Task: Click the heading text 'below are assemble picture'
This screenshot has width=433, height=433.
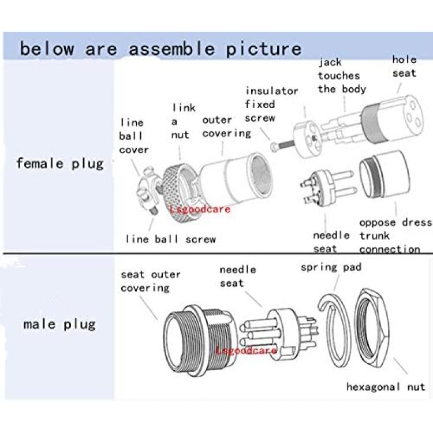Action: [160, 49]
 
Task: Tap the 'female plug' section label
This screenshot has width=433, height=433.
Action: [60, 163]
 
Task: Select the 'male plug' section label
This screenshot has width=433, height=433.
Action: [59, 324]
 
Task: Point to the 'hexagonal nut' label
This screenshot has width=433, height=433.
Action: [386, 387]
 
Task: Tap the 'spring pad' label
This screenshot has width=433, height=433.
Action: [331, 267]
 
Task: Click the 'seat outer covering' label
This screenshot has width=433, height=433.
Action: [151, 281]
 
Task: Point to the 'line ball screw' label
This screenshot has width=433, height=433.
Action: [171, 239]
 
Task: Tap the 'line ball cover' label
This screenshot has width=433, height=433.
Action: [134, 136]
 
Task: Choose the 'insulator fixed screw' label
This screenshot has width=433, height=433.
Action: [271, 104]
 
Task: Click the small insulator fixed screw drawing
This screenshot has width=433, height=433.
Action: [282, 145]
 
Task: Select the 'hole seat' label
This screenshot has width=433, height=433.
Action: [404, 66]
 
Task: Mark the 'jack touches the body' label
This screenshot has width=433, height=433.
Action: [342, 76]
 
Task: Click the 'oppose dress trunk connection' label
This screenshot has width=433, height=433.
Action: [395, 236]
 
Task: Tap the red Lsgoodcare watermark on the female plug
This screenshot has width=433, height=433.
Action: [200, 210]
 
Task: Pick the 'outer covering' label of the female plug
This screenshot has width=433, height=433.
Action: [226, 127]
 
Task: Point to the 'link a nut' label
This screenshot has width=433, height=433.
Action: [184, 121]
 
